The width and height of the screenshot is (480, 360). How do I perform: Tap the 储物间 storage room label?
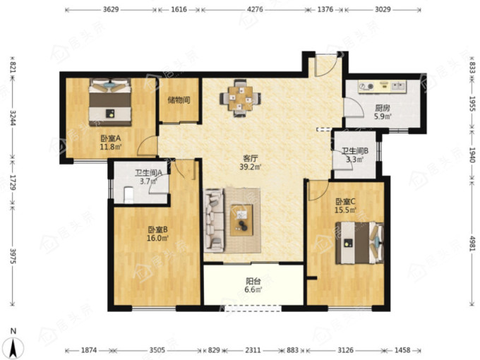[179, 100]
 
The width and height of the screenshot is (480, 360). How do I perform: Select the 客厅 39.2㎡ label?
[250, 162]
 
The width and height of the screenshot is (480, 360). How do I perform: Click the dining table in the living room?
[240, 98]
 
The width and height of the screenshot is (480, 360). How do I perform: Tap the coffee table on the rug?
[241, 220]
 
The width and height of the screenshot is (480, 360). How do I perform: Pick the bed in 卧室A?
[110, 102]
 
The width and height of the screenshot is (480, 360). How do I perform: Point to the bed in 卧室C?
[360, 243]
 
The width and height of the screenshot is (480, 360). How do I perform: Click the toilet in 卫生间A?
[128, 196]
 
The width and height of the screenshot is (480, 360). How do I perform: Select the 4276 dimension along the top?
[255, 9]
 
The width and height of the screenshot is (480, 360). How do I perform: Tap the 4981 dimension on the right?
[473, 244]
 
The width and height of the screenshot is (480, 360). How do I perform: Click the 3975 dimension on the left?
[13, 256]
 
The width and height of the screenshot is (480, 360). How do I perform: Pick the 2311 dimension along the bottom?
[253, 350]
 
